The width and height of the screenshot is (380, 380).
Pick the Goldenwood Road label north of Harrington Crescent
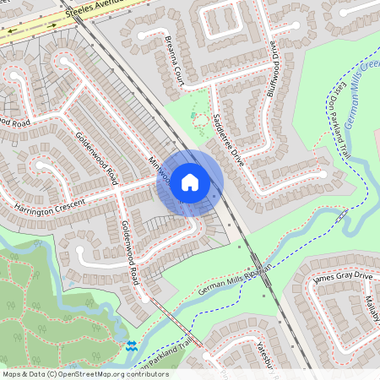pos(96,159)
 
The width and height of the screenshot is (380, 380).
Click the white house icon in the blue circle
pos(190,181)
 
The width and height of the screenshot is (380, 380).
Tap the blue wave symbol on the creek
pos(131,345)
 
